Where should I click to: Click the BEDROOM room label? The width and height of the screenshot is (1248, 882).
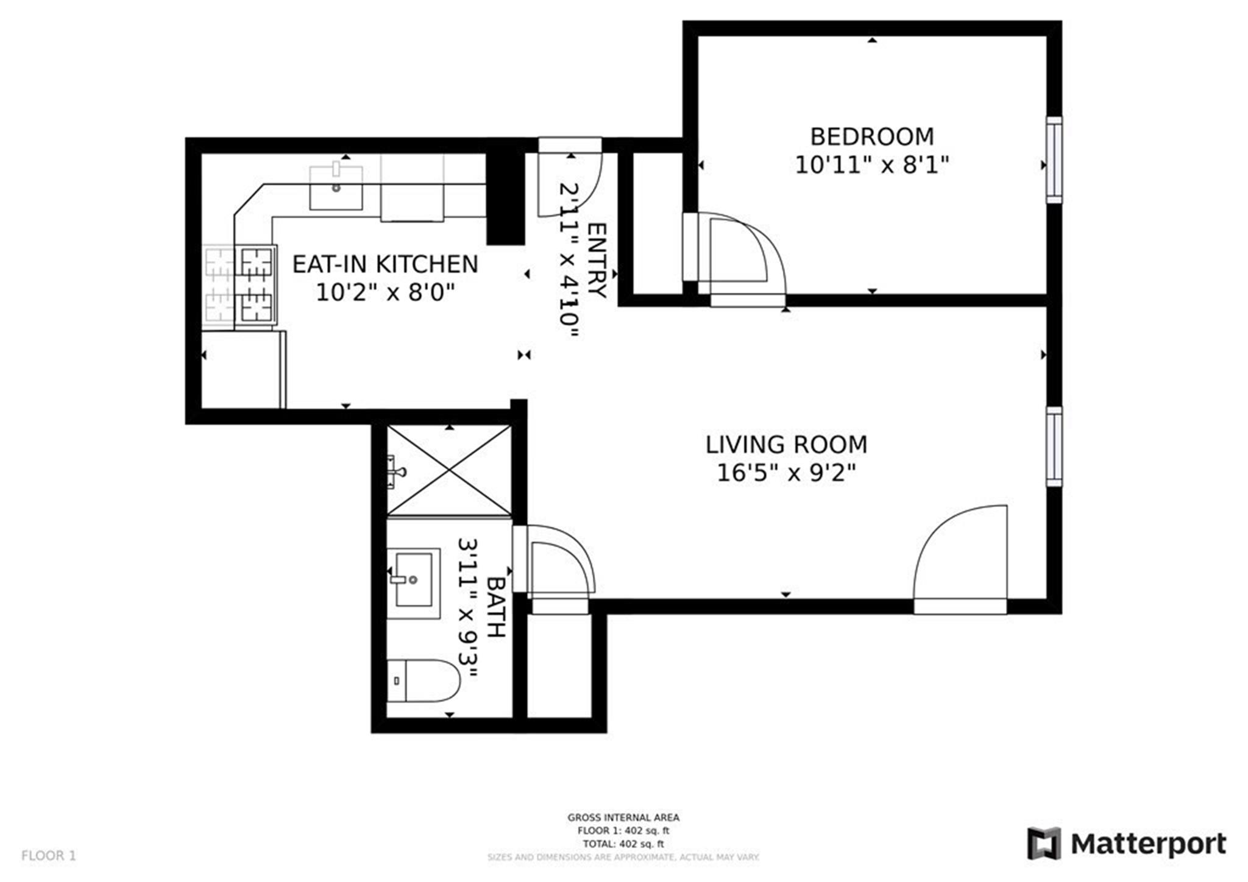[871, 137]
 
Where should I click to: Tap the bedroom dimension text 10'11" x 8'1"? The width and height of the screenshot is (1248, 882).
[871, 165]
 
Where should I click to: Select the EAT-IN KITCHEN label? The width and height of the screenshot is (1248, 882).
[385, 264]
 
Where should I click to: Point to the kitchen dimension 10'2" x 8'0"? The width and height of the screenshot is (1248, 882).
[385, 293]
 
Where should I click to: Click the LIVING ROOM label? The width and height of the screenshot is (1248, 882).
[786, 445]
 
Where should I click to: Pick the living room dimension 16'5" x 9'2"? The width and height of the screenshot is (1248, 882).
[786, 473]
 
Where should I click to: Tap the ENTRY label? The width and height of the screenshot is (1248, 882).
[597, 261]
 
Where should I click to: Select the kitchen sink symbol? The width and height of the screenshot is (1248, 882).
[336, 188]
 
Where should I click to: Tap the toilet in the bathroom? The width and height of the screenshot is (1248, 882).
[423, 680]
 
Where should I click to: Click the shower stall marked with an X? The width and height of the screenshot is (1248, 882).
[449, 470]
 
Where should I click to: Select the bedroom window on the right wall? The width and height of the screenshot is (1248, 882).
[1054, 160]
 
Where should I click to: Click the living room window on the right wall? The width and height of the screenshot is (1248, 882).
[1054, 446]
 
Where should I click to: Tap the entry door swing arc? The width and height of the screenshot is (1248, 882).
[570, 183]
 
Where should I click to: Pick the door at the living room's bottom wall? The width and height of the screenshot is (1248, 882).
[960, 560]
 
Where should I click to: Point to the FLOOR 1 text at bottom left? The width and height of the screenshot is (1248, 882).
[49, 856]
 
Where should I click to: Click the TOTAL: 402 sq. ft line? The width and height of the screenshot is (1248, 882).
[623, 844]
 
